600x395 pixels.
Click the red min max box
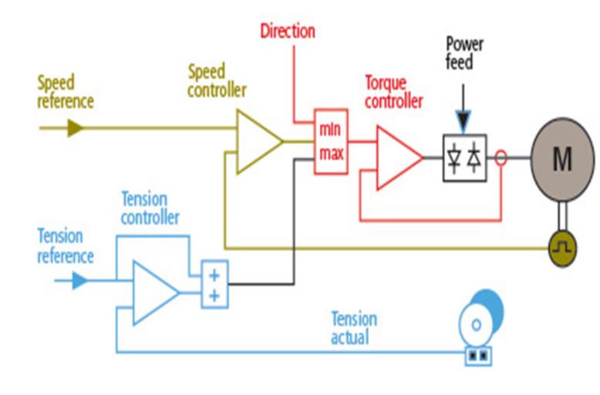pyautogui.click(x=331, y=141)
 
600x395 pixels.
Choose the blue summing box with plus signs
pyautogui.click(x=214, y=283)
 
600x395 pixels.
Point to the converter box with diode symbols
pyautogui.click(x=464, y=158)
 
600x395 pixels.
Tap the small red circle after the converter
pyautogui.click(x=501, y=158)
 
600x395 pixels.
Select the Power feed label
pyautogui.click(x=464, y=53)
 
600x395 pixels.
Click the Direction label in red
pyautogui.click(x=288, y=32)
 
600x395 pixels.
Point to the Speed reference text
pyautogui.click(x=66, y=91)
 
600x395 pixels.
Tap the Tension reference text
pyautogui.click(x=66, y=246)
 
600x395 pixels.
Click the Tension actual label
pyautogui.click(x=354, y=327)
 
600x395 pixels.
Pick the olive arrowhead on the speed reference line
pyautogui.click(x=75, y=128)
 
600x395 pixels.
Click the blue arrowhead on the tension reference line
pyautogui.click(x=80, y=280)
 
